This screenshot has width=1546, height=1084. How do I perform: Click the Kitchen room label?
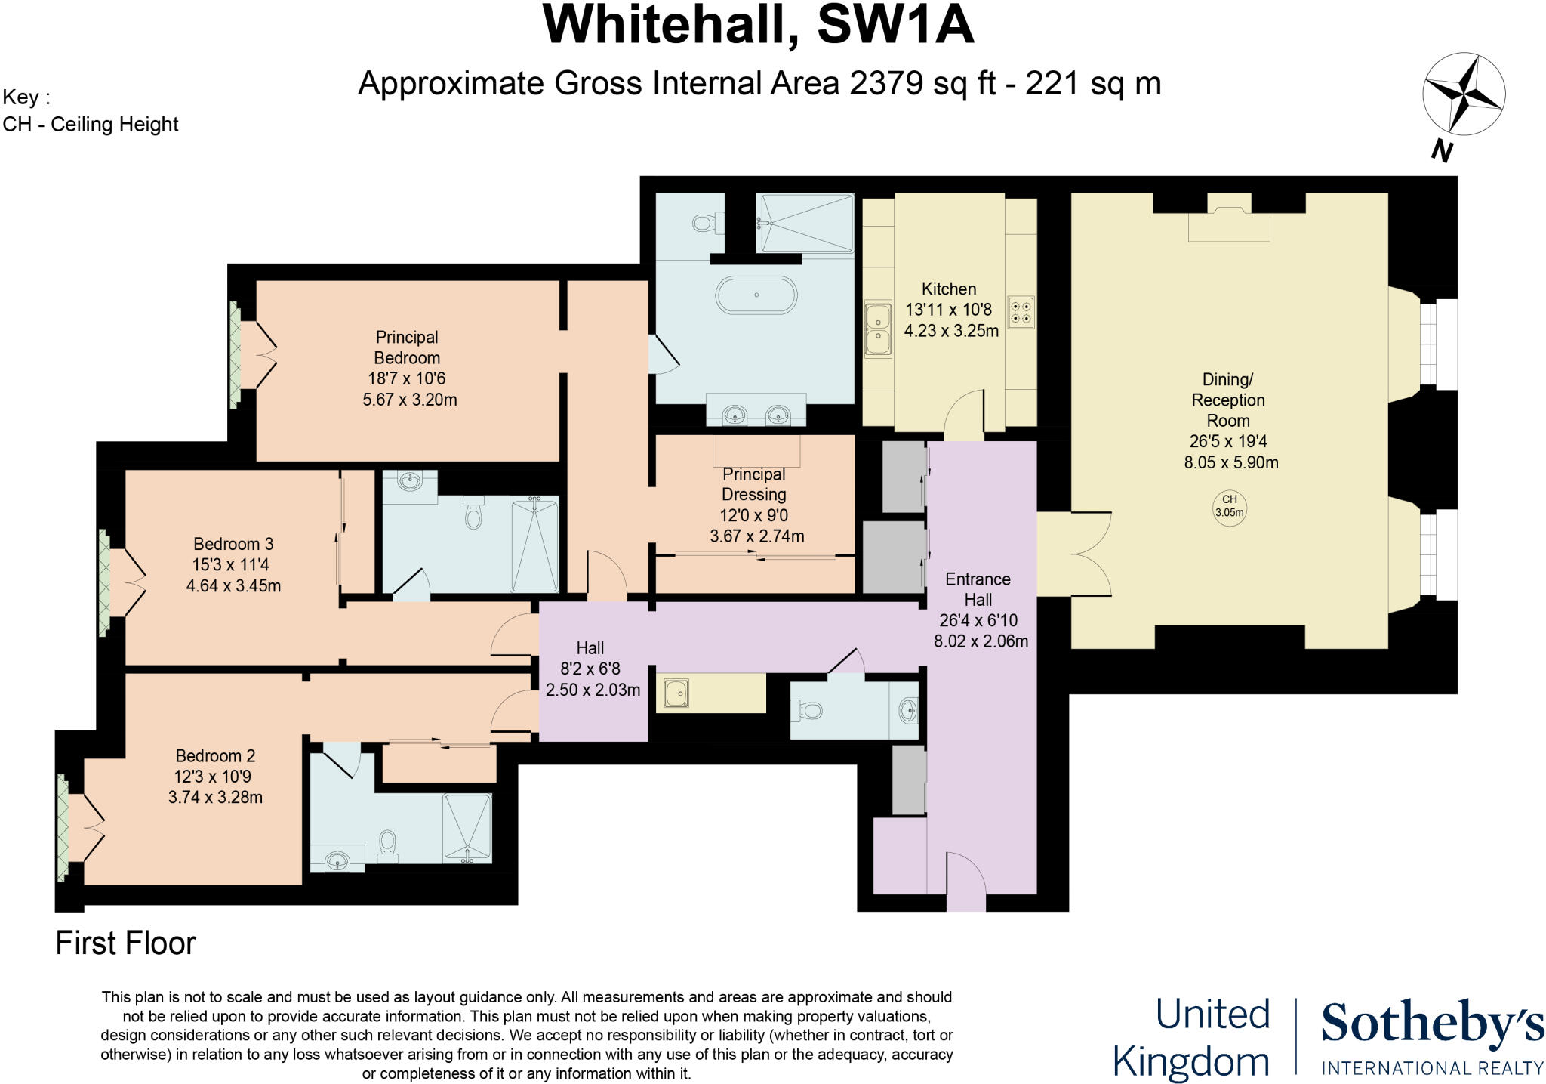(x=948, y=289)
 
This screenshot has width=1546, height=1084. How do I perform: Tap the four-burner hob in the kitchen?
(x=1021, y=312)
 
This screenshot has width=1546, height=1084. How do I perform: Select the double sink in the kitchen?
(x=877, y=329)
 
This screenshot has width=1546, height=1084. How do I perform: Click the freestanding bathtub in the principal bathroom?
(x=756, y=295)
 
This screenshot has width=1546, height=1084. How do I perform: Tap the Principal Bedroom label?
(x=407, y=347)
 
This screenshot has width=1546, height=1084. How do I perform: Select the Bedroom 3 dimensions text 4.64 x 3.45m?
(x=233, y=585)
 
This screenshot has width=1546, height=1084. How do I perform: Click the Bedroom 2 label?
(x=215, y=755)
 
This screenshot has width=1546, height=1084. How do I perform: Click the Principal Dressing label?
(x=753, y=484)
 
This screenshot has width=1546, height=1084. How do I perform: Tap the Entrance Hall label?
(x=978, y=589)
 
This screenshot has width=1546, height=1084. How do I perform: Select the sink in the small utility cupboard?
(x=676, y=693)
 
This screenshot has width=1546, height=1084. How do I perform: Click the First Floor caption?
(x=125, y=943)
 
